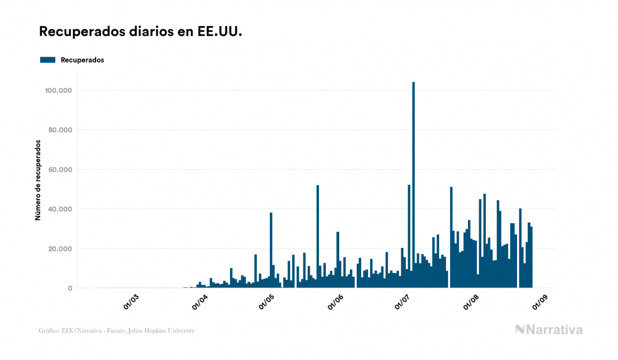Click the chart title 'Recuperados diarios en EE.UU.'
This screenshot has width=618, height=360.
pos(140,32)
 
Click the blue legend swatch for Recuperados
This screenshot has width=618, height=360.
pos(48,60)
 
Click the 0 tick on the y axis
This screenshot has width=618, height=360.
pos(70,288)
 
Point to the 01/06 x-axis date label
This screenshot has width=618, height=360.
pos(336,302)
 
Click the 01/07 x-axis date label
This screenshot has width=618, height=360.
pos(403,302)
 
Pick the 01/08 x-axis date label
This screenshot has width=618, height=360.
pos(472,302)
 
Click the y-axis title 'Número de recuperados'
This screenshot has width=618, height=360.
pos(38,180)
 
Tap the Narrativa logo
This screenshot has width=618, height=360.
pos(549,330)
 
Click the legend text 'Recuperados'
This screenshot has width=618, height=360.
pos(82,60)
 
